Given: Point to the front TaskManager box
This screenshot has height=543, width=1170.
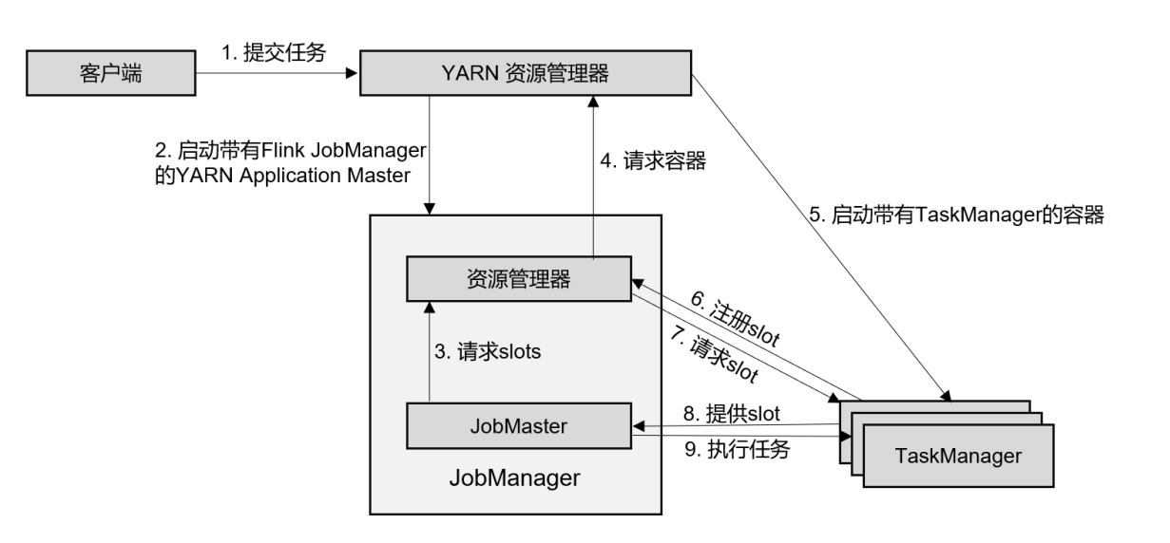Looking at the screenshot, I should tap(957, 456).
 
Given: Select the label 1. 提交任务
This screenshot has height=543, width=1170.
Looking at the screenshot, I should tap(273, 53).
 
